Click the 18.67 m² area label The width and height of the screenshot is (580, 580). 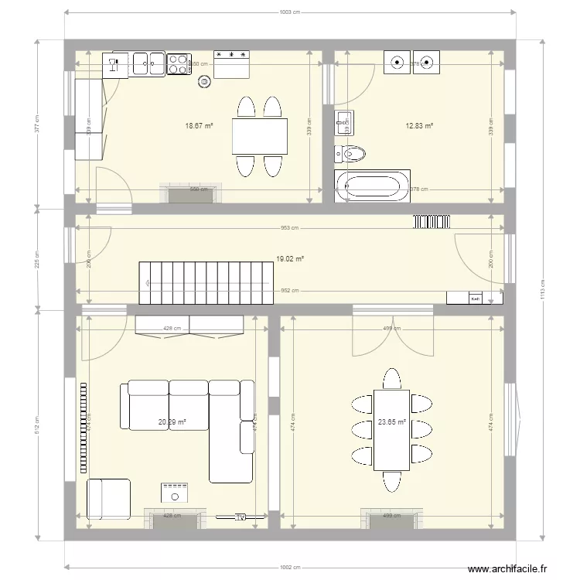[x=199, y=125]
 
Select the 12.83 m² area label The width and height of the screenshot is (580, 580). [x=419, y=125]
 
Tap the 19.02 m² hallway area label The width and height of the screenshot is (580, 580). [x=289, y=260]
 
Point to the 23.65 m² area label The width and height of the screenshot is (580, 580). [x=392, y=422]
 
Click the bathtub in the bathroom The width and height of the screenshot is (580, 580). [x=373, y=186]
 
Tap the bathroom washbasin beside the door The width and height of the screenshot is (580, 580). [x=343, y=120]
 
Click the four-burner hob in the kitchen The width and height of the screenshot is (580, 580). [x=179, y=63]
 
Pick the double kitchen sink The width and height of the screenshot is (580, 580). [x=147, y=63]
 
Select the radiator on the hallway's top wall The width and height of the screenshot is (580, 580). [x=432, y=221]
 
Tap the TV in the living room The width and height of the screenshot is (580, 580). [x=241, y=517]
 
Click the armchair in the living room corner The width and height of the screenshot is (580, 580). [x=108, y=499]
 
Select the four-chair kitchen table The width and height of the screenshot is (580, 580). [x=259, y=137]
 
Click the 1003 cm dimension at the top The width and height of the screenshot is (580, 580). [x=289, y=12]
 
